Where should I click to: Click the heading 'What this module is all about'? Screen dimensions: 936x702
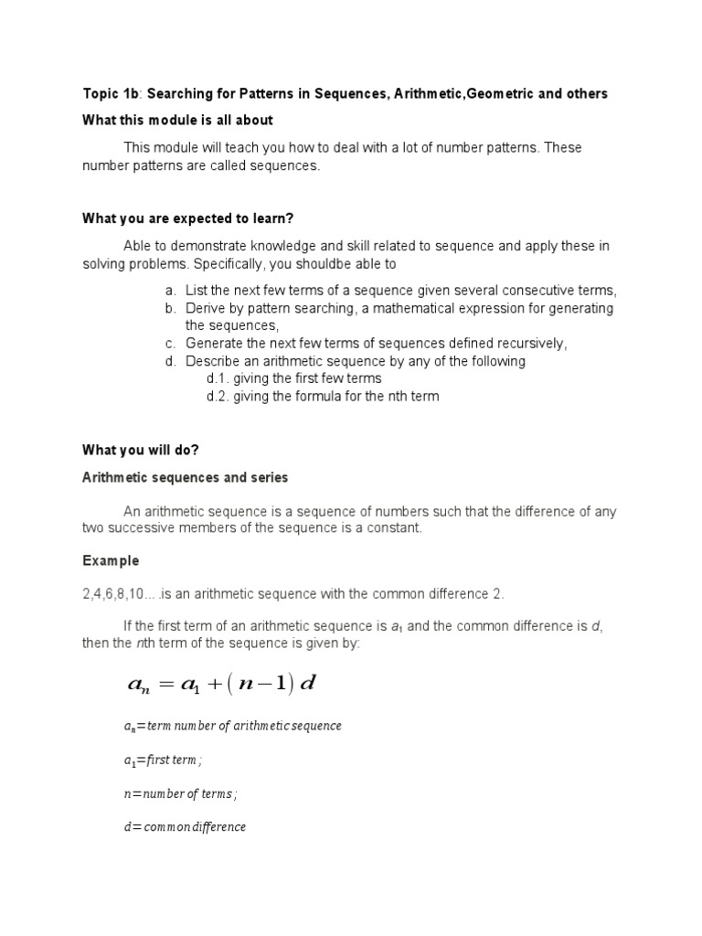point(177,121)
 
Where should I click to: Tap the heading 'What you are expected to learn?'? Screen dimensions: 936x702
point(187,218)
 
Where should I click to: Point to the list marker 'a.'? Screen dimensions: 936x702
point(171,291)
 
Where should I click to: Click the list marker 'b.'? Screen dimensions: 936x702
point(171,308)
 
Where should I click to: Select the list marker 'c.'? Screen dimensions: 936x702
point(171,344)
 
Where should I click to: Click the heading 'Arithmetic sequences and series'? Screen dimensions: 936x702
point(186,477)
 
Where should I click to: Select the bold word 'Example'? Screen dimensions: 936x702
point(111,560)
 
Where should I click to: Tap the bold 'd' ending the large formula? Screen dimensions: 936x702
point(307,684)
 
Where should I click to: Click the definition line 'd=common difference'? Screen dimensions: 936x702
point(185,827)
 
